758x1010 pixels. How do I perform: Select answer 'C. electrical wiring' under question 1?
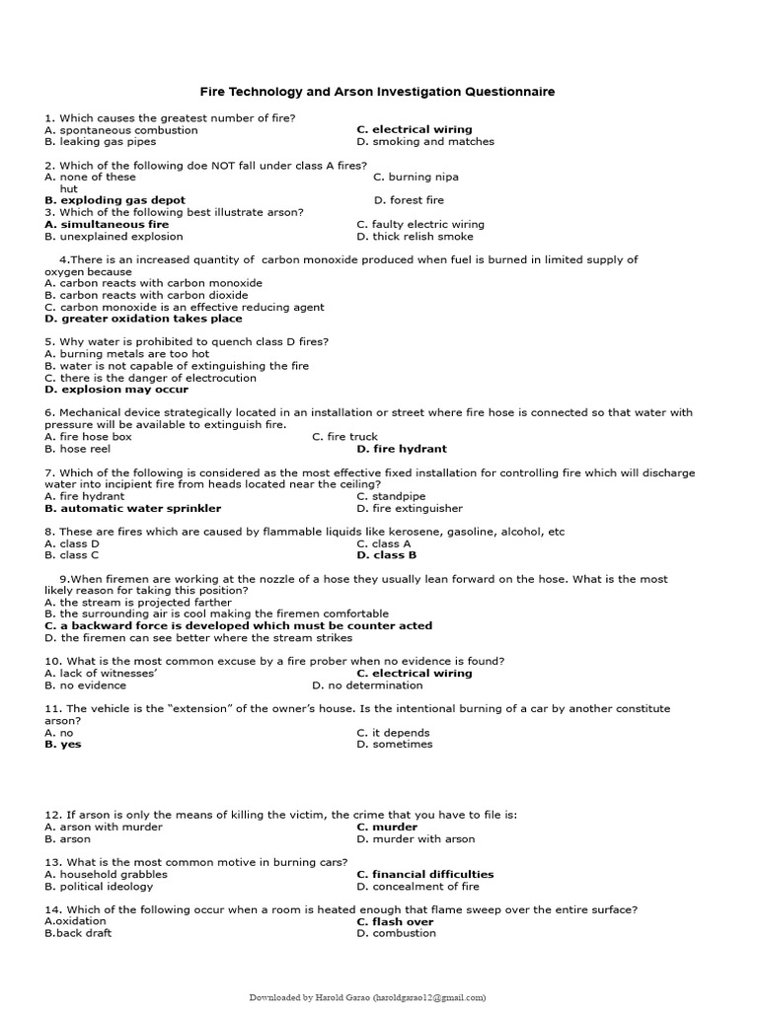(x=400, y=129)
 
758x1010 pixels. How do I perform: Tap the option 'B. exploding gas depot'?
(x=114, y=200)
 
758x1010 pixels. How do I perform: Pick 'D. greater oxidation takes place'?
(x=143, y=319)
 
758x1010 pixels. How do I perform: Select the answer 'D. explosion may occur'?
(x=116, y=390)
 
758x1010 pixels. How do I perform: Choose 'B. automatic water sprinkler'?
(x=132, y=509)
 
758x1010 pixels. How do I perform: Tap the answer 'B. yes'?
(x=63, y=745)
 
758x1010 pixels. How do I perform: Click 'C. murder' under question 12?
(x=387, y=828)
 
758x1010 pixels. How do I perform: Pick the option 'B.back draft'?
(x=78, y=933)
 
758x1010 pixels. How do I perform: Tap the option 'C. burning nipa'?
(x=416, y=178)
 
